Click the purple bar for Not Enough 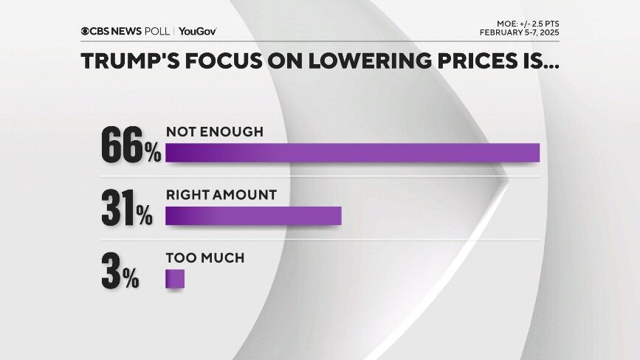[352, 152]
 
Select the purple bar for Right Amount [253, 215]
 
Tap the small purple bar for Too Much [174, 279]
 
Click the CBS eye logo [86, 31]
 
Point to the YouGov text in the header [197, 31]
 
